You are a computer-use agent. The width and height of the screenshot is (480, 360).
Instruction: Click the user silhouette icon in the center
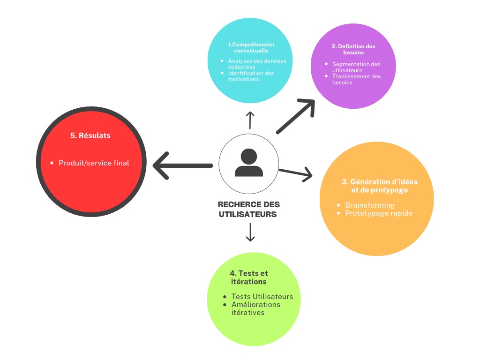(249, 163)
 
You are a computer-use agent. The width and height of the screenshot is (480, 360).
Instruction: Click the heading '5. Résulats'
(90, 135)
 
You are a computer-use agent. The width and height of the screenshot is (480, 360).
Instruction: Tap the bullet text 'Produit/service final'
(93, 163)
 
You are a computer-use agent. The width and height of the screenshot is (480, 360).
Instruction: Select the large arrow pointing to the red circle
(183, 165)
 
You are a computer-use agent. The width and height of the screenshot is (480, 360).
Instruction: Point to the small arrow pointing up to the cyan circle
(250, 120)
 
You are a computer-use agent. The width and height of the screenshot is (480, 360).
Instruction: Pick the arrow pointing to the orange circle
(296, 173)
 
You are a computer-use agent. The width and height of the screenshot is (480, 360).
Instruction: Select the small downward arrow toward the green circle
(250, 232)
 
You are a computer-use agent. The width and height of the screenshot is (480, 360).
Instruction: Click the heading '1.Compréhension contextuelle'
(251, 47)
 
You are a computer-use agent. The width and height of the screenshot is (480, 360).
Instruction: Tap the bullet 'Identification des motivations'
(251, 76)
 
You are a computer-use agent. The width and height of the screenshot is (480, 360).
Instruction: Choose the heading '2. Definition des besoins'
(353, 50)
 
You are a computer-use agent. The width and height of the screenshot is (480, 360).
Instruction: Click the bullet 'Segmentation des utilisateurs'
(356, 67)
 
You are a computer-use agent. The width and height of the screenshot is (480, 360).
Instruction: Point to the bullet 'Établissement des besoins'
(356, 79)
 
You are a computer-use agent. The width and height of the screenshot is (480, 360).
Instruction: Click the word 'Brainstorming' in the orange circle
(370, 205)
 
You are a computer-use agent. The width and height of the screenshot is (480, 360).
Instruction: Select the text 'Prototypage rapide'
(379, 213)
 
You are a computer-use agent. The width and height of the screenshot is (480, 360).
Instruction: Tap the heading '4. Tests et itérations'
(249, 277)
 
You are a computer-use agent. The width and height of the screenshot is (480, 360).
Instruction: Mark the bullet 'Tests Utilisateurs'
(262, 297)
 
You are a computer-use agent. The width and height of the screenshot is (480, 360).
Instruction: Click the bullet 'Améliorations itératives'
(255, 308)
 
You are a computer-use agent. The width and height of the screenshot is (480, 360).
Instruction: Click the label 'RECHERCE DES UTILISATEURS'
(249, 210)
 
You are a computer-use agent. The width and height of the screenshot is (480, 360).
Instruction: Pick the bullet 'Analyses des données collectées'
(257, 64)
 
